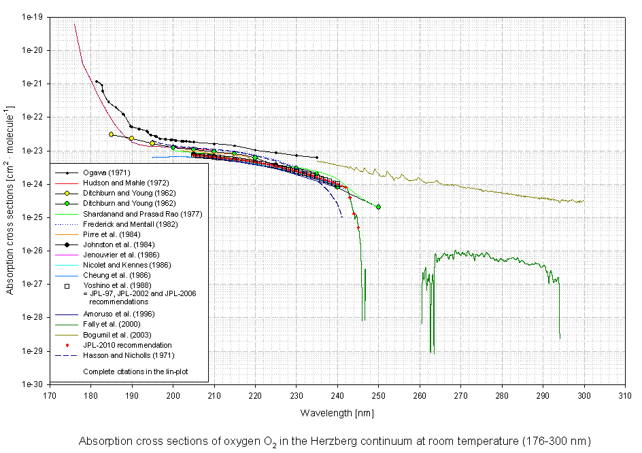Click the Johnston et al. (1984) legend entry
119,244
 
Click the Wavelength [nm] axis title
337,412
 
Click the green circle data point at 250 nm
378,206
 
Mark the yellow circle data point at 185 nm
111,134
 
